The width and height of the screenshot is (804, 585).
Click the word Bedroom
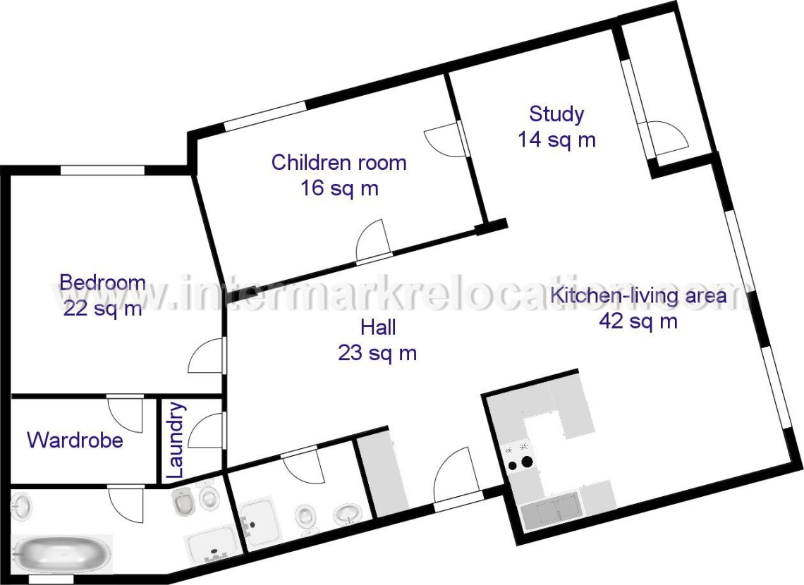[102, 282]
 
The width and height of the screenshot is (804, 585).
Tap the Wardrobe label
[75, 440]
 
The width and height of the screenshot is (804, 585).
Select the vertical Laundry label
[176, 441]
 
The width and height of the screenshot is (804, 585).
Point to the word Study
[556, 113]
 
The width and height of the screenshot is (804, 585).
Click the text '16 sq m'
[339, 188]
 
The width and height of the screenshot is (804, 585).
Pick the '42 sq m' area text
[638, 321]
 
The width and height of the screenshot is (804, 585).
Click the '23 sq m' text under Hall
[377, 352]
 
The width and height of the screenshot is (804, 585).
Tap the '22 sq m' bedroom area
[102, 309]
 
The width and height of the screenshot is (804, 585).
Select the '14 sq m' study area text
[557, 140]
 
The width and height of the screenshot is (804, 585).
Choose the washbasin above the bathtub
[20, 505]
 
